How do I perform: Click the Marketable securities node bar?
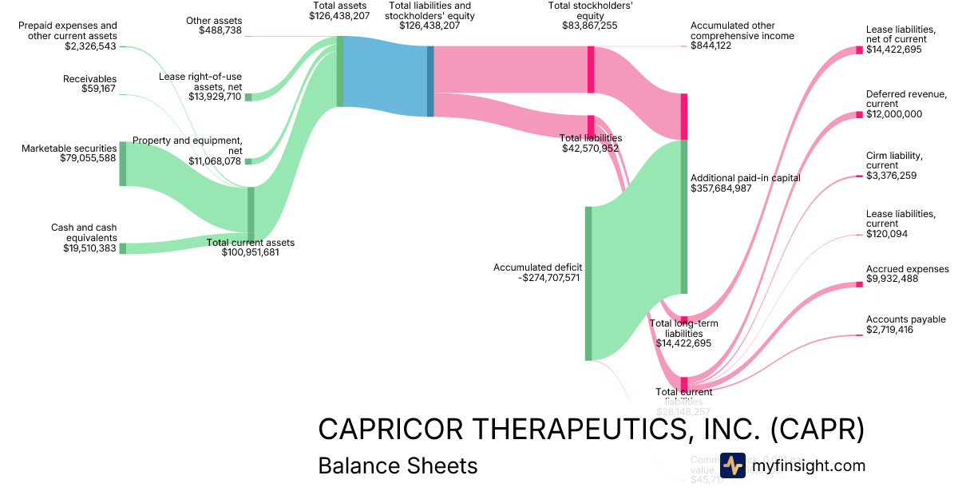coord(123,164)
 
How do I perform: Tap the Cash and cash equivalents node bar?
coord(123,248)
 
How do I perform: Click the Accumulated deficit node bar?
coord(588,283)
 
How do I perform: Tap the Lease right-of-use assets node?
coord(247,97)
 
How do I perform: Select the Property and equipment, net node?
coord(247,161)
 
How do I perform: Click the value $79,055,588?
coord(88,159)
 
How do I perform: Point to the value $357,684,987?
coord(732,188)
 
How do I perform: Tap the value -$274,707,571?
coord(536,278)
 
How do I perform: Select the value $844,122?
coord(711,46)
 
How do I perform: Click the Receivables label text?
coord(89,79)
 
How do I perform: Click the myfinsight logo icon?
coord(732,465)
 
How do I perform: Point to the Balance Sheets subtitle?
coord(398,465)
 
